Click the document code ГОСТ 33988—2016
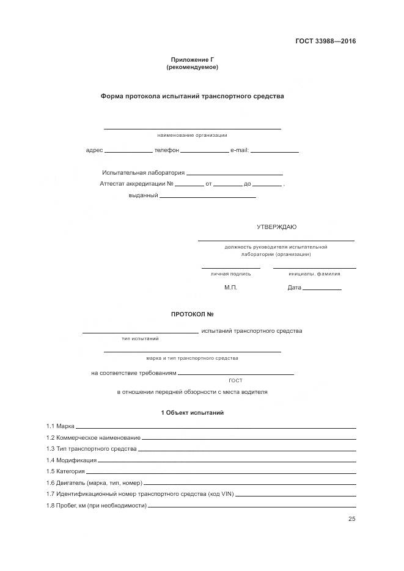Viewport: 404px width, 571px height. [326, 42]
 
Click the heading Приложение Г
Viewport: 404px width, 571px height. [192, 60]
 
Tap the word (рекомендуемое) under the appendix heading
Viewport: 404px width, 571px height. [192, 67]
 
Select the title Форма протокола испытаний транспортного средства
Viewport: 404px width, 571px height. [192, 96]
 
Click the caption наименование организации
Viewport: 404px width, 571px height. [192, 135]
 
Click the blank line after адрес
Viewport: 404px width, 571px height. [128, 151]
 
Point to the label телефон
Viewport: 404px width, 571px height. [166, 150]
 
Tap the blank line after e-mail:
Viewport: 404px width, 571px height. [274, 151]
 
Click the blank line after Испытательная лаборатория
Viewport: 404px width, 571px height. [235, 174]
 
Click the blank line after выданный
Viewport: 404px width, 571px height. [207, 197]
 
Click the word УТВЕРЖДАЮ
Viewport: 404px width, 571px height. [276, 227]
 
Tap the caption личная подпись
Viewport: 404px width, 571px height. [230, 274]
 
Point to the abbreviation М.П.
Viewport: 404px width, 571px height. [230, 288]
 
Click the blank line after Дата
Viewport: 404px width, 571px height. [322, 289]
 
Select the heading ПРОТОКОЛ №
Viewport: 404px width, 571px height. [192, 315]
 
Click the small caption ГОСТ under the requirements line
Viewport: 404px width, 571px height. [235, 380]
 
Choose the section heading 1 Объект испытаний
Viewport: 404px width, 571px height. [192, 413]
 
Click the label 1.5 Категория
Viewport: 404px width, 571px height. [65, 471]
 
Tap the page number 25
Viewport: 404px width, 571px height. [351, 519]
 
